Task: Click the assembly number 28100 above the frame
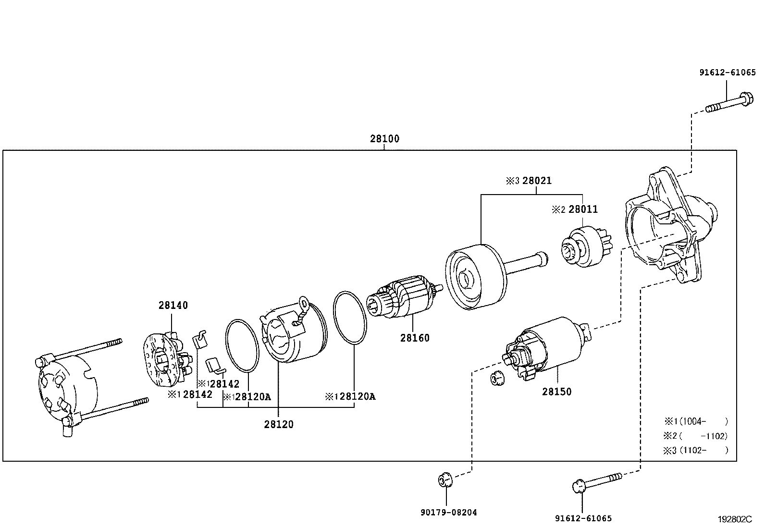click(384, 139)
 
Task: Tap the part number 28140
click(173, 305)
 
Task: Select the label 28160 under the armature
click(415, 338)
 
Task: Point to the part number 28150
click(556, 392)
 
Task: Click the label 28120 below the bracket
click(279, 424)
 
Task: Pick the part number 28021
click(537, 180)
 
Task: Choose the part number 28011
click(583, 209)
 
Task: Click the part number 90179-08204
click(449, 512)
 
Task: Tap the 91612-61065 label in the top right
click(728, 73)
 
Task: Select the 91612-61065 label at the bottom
click(583, 518)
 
